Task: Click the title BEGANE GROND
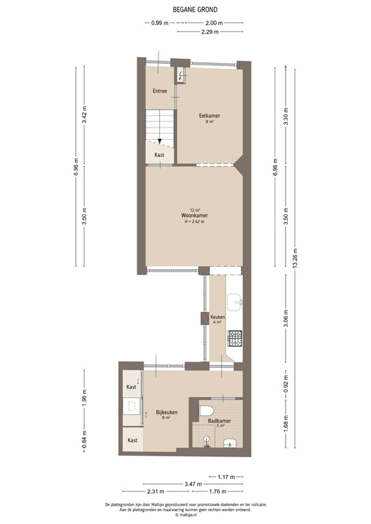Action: pyautogui.click(x=186, y=10)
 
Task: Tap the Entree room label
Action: pyautogui.click(x=160, y=91)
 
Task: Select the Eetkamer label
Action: pyautogui.click(x=210, y=116)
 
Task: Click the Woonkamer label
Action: pyautogui.click(x=195, y=216)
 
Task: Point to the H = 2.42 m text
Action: pyautogui.click(x=195, y=222)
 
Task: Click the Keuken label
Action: pyautogui.click(x=217, y=317)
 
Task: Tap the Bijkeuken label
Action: pyautogui.click(x=167, y=412)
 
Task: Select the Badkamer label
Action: pyautogui.click(x=219, y=422)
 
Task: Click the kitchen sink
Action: pyautogui.click(x=235, y=300)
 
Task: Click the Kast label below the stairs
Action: pyautogui.click(x=159, y=155)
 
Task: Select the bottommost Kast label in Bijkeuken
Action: pyautogui.click(x=132, y=440)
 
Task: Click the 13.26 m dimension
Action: pyautogui.click(x=296, y=259)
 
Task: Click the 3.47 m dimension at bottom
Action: pyautogui.click(x=194, y=484)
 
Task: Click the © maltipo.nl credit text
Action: pyautogui.click(x=186, y=515)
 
